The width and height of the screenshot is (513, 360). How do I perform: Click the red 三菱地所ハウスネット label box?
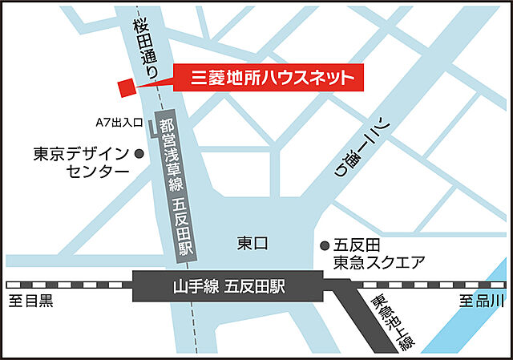(272, 79)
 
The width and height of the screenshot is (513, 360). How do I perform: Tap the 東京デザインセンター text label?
(79, 162)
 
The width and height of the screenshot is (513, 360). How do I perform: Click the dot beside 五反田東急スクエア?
(325, 245)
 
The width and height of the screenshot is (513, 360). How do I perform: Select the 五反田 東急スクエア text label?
(373, 254)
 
